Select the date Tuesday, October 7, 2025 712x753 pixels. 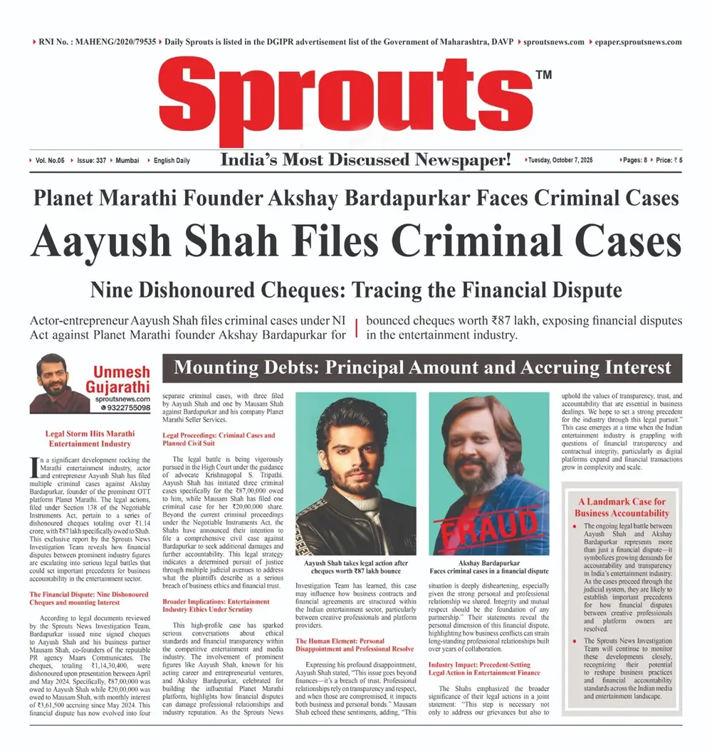[x=560, y=161]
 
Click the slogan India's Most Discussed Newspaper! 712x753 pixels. [x=365, y=160]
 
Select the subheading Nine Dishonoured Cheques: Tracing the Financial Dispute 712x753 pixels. [x=356, y=290]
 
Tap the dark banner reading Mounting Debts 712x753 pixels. [x=422, y=368]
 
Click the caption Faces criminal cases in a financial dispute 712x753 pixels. [x=488, y=571]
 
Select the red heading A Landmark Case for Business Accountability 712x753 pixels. [x=622, y=507]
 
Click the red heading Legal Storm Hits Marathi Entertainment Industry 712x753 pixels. [x=89, y=438]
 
